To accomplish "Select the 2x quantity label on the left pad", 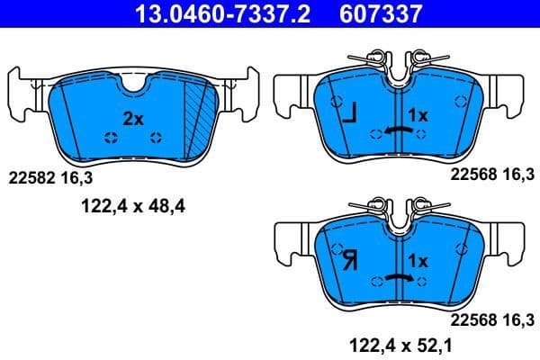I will point(132,118).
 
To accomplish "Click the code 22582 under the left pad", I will point(32,178).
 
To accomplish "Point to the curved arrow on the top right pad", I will point(399,131).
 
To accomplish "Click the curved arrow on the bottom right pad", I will point(399,278).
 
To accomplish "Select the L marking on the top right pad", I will point(349,113).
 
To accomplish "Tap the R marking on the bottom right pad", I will point(349,262).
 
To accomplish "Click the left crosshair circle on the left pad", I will point(112,138).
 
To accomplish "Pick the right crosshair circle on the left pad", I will point(157,138).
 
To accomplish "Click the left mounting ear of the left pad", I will point(22,90).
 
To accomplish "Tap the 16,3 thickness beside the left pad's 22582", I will point(77,178).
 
